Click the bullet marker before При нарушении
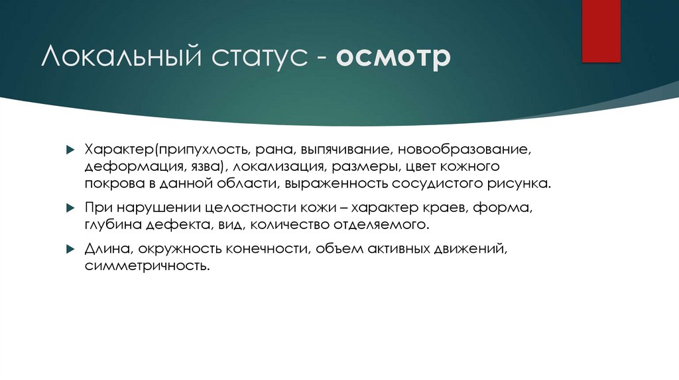coord(70,208)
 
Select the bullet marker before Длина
coord(70,250)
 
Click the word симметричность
coord(146,266)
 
